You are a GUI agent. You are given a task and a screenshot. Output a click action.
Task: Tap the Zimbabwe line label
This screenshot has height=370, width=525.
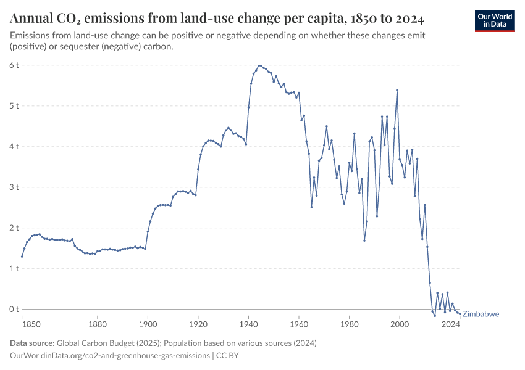(x=481, y=314)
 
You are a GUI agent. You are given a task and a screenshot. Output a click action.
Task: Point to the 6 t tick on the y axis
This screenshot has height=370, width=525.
(x=14, y=65)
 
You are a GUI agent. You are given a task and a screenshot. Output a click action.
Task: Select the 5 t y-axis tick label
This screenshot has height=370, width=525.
(x=14, y=105)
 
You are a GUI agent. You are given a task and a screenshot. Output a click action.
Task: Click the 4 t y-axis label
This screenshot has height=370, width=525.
(x=14, y=146)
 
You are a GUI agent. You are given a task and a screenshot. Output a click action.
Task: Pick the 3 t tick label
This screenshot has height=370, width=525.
(x=14, y=187)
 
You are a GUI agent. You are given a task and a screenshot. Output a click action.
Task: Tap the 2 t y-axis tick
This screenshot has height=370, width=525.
(x=14, y=228)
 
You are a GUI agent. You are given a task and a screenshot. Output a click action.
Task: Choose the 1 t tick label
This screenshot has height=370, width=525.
(x=14, y=268)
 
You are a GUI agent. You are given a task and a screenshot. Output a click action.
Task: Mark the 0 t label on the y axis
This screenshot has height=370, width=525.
(x=14, y=309)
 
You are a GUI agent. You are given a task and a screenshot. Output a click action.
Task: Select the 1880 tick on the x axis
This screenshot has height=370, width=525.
(x=97, y=323)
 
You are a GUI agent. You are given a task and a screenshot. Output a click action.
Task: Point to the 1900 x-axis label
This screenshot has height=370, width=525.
(x=148, y=323)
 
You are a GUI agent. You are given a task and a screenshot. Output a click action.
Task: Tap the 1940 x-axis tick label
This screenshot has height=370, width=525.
(x=248, y=323)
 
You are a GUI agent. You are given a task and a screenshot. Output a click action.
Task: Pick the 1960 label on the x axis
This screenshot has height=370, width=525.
(x=299, y=323)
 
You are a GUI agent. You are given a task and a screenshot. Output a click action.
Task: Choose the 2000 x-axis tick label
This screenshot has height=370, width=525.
(x=400, y=323)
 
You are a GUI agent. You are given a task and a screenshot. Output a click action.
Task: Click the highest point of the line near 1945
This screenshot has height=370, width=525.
(x=259, y=65)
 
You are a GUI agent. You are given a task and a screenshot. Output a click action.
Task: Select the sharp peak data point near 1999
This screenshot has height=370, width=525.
(x=397, y=90)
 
